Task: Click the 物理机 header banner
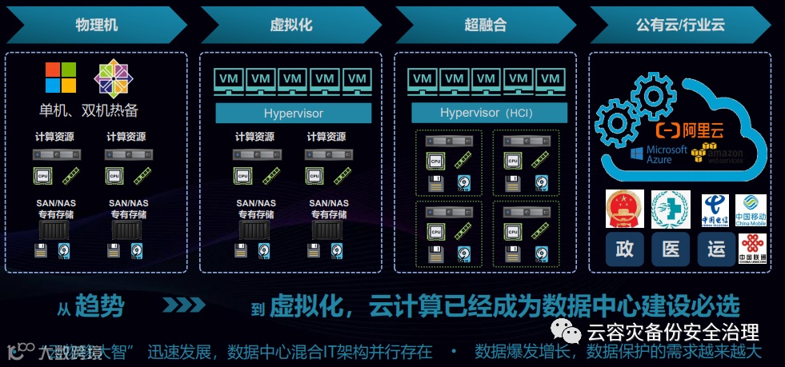[96, 25]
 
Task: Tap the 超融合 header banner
[485, 25]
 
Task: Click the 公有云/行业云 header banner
[680, 25]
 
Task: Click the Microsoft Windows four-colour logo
[60, 78]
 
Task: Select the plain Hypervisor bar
[293, 113]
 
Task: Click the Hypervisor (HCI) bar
[489, 113]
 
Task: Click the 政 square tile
[624, 249]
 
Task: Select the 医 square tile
[671, 249]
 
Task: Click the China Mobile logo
[751, 210]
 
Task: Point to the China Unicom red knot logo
[751, 248]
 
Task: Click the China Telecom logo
[716, 210]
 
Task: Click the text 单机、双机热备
[89, 110]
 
